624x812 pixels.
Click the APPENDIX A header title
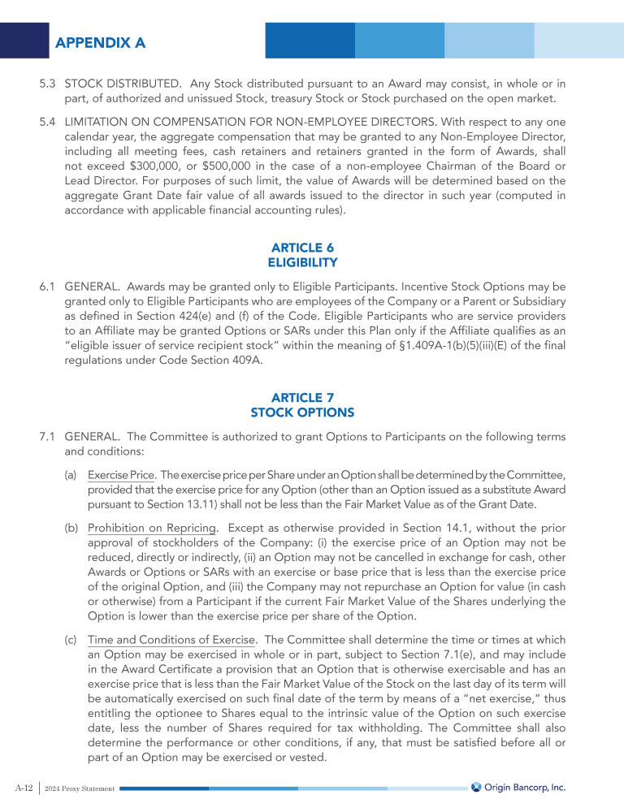pyautogui.click(x=100, y=42)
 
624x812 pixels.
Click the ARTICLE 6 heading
pyautogui.click(x=302, y=247)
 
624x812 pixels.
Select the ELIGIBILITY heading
pyautogui.click(x=302, y=262)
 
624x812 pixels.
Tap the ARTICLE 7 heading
pyautogui.click(x=302, y=397)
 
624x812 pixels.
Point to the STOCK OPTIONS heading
pyautogui.click(x=302, y=412)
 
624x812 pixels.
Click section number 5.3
pyautogui.click(x=48, y=84)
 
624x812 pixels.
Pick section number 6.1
pyautogui.click(x=48, y=287)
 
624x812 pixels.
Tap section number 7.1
pyautogui.click(x=48, y=437)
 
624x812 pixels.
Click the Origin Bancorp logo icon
pyautogui.click(x=477, y=787)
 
